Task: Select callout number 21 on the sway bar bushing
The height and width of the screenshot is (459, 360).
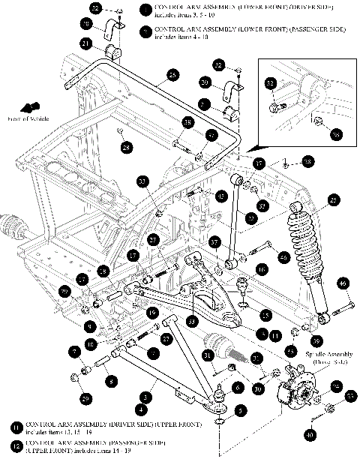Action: click(x=87, y=44)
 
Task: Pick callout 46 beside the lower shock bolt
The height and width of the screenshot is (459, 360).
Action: click(x=343, y=283)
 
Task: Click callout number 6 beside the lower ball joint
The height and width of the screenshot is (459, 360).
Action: click(x=238, y=387)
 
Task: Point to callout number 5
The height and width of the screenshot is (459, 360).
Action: click(x=238, y=411)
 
